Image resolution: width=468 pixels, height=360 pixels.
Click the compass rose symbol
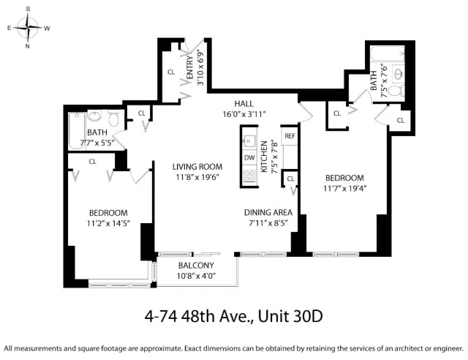pyautogui.click(x=29, y=28)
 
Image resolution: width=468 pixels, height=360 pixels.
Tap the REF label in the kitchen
pyautogui.click(x=290, y=136)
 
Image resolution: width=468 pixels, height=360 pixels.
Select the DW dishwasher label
pyautogui.click(x=249, y=157)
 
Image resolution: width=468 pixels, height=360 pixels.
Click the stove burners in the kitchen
pyautogui.click(x=249, y=176)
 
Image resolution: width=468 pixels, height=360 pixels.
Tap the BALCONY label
pyautogui.click(x=196, y=266)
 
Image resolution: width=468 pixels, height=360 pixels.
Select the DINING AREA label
pyautogui.click(x=268, y=213)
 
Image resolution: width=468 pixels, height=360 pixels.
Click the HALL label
pyautogui.click(x=244, y=104)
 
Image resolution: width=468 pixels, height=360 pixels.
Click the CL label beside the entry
pyautogui.click(x=170, y=72)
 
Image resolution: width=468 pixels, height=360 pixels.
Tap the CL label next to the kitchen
pyautogui.click(x=290, y=179)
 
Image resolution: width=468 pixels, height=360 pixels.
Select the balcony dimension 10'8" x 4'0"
pyautogui.click(x=196, y=276)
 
